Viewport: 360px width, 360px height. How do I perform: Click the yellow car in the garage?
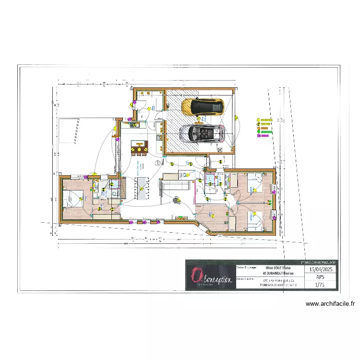pos(202,107)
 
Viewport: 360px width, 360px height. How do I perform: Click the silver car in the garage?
pos(202,133)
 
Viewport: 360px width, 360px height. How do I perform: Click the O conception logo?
pos(210,276)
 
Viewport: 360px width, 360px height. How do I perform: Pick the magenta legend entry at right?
pos(258,135)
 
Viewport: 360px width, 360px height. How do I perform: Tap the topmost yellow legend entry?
pos(258,120)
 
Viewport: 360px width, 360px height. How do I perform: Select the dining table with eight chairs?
pos(142,187)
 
